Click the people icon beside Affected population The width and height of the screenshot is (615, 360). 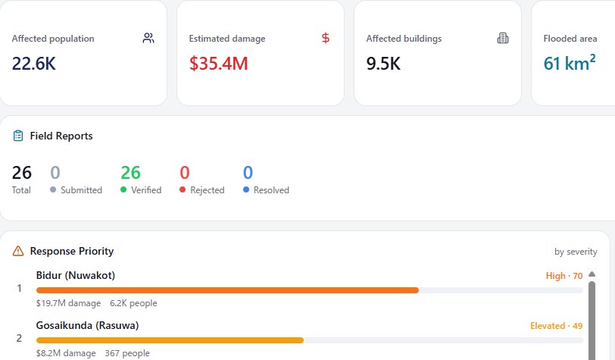[148, 38]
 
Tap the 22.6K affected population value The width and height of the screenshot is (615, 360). [34, 64]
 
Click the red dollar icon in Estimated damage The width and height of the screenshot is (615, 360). [326, 38]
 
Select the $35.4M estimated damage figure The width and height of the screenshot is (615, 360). [218, 64]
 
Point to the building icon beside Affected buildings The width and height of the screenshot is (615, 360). [503, 38]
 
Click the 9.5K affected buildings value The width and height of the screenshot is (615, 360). [383, 64]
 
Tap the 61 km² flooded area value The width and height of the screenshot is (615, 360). [570, 63]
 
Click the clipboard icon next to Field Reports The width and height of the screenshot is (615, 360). [18, 136]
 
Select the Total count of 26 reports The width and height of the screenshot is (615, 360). [21, 172]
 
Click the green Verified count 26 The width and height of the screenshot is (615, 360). [130, 172]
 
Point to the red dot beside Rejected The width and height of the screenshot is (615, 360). [183, 189]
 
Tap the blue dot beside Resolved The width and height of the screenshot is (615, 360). [246, 189]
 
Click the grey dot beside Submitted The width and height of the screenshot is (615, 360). [53, 189]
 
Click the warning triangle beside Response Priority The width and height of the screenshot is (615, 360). [18, 251]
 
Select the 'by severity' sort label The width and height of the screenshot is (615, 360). [576, 252]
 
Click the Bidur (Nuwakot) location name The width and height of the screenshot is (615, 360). [76, 275]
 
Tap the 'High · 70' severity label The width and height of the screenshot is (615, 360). [564, 276]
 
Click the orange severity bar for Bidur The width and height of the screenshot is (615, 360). [227, 290]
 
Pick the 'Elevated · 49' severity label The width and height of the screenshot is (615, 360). [556, 326]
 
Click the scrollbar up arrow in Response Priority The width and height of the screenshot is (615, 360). [592, 274]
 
